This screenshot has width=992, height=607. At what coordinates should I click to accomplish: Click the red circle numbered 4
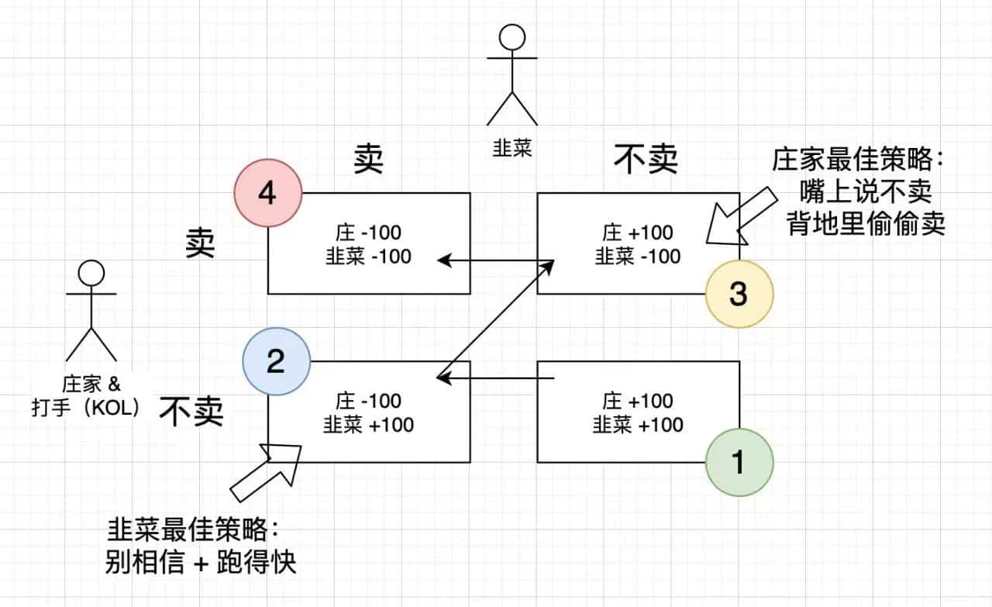click(267, 193)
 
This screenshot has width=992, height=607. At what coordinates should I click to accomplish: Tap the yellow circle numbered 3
click(739, 294)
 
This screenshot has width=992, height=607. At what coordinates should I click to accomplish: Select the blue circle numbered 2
click(276, 362)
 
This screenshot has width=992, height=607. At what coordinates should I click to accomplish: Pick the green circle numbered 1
click(739, 462)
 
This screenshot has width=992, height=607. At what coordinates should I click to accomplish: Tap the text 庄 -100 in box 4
click(368, 233)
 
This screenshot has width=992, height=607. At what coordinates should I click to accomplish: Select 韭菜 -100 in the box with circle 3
click(638, 256)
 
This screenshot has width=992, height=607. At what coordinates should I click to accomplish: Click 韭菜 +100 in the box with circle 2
click(369, 425)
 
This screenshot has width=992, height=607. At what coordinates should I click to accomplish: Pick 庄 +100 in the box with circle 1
click(638, 402)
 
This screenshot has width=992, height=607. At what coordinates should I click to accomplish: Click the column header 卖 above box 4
click(368, 160)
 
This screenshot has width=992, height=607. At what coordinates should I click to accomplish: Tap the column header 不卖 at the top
click(646, 160)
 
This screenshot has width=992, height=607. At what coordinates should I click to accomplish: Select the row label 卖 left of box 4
click(200, 244)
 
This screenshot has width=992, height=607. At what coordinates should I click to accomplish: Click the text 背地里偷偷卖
click(866, 226)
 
